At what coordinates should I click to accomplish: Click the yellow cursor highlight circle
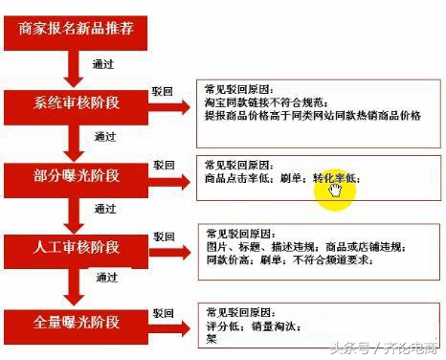tap(336, 187)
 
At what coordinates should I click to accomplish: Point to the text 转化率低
tap(335, 178)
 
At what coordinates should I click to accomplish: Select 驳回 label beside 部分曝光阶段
tap(164, 165)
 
